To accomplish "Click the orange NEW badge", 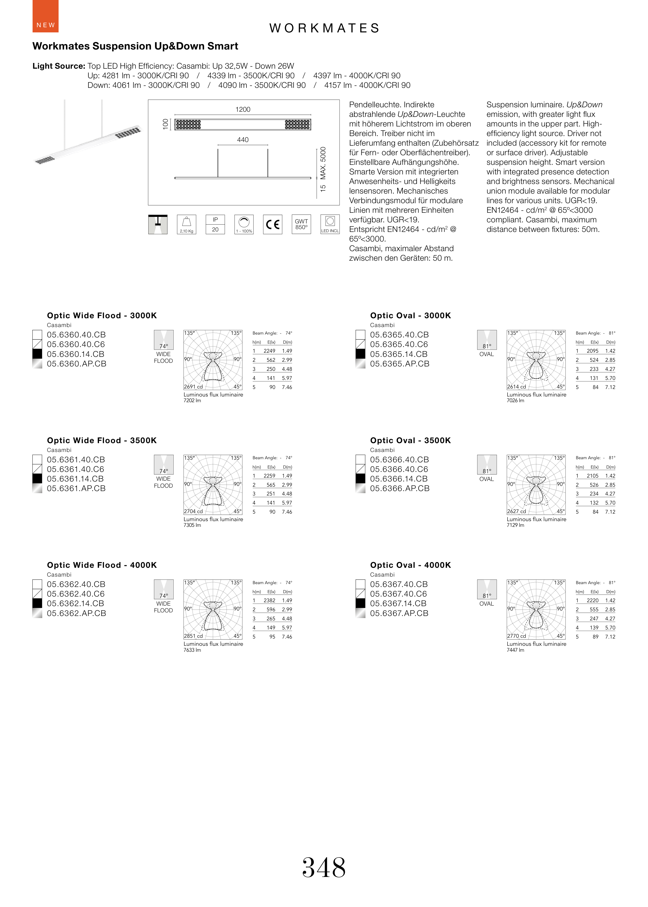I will point(45,16).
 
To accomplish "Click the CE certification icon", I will point(272,225).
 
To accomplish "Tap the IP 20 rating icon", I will point(215,225).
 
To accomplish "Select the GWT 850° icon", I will point(301,225).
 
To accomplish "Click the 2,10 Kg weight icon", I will point(186,225).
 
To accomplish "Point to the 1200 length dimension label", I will point(243,109).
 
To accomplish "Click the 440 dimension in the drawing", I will point(243,140).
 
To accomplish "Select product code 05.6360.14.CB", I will point(75,354).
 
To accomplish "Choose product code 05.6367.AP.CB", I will point(399,613).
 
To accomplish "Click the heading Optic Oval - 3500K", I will point(410,440).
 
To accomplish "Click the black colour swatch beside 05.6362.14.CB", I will point(37,604).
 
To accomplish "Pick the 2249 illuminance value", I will point(269,351).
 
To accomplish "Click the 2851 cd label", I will point(193,636).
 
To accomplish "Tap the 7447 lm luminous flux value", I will point(515,650).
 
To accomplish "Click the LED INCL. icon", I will point(330,225).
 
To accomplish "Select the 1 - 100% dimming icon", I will point(244,225).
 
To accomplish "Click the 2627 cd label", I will point(516,511).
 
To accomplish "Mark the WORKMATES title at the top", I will point(324,28).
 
